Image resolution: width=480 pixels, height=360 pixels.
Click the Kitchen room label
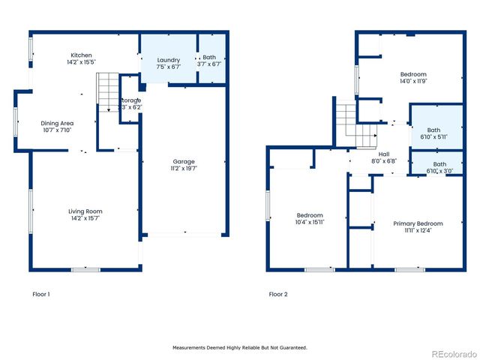82,55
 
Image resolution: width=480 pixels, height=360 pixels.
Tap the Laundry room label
169,59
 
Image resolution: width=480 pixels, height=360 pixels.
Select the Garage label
184,161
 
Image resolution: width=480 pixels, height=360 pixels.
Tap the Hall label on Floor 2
383,154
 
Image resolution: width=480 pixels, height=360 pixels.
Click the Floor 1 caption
41,294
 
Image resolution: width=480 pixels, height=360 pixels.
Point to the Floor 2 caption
278,294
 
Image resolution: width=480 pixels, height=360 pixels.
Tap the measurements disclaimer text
240,347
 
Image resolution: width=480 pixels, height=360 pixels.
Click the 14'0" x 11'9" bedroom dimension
413,82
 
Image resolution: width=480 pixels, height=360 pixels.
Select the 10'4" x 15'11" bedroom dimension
310,222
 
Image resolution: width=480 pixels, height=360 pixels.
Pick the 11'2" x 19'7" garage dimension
184,169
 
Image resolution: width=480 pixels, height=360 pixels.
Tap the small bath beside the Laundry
210,59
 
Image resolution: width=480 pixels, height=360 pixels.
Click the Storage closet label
130,100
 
